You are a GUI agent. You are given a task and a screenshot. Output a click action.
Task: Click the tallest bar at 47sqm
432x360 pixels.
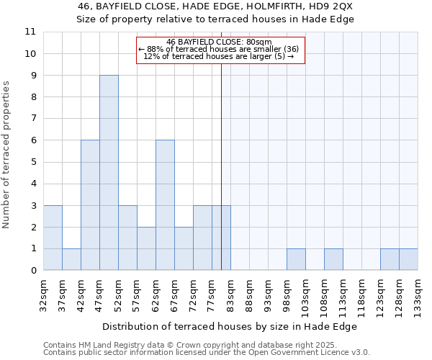[x=109, y=173]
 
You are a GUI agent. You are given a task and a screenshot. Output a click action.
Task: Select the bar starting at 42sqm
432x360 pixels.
[x=90, y=205]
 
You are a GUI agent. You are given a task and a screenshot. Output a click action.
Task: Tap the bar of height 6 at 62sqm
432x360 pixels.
[x=165, y=205]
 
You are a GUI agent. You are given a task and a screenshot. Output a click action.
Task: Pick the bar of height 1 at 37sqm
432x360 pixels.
[x=71, y=259]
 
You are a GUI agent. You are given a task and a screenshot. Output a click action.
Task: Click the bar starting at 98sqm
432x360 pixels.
[x=296, y=259]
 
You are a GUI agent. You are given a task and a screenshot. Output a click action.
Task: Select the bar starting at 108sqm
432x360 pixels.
[x=333, y=259]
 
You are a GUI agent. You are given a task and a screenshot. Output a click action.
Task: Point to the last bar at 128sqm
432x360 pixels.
[x=408, y=259]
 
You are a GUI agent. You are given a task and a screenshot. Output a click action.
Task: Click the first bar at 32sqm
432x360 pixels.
[x=53, y=238]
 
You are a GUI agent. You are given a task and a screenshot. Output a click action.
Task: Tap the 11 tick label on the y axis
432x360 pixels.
[x=30, y=32]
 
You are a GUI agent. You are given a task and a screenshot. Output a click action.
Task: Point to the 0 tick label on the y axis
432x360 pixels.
[x=33, y=271]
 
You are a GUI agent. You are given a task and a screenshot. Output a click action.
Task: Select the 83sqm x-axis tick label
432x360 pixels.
[x=230, y=293]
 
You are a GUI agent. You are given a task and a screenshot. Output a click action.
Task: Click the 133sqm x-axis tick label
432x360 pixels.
[x=418, y=295]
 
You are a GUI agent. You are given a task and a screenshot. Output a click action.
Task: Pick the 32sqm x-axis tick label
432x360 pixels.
[x=43, y=293]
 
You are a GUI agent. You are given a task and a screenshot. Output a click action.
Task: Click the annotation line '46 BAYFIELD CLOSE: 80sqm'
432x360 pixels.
[x=219, y=42]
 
